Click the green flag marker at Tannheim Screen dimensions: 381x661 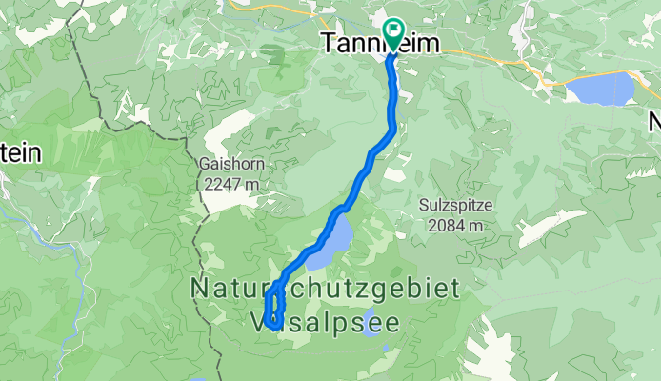click(x=392, y=34)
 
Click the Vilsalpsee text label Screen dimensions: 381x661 click(x=324, y=323)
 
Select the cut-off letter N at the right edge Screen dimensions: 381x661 click(x=655, y=122)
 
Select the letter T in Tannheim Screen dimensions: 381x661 click(x=330, y=44)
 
